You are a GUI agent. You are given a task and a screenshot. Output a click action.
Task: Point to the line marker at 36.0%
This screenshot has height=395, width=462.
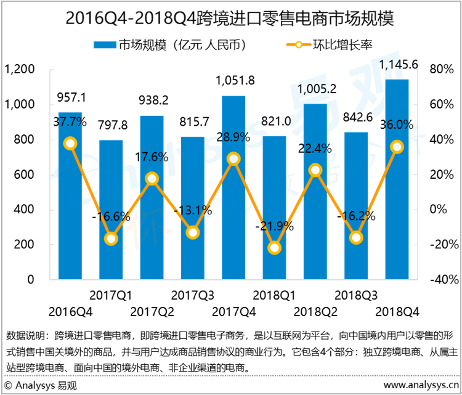pyautogui.click(x=397, y=147)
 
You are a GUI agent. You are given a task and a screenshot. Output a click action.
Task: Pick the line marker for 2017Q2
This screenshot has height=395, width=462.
pyautogui.click(x=152, y=179)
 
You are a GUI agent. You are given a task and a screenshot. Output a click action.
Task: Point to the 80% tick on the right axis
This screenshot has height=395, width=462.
pyautogui.click(x=440, y=70)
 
